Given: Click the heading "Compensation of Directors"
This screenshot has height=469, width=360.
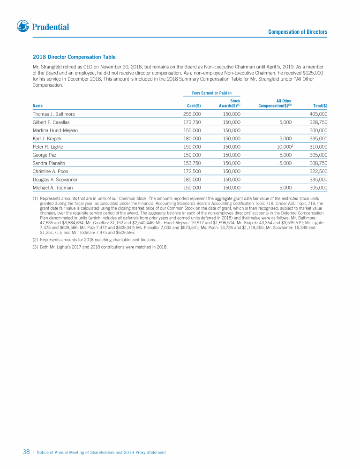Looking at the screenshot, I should pyautogui.click(x=298, y=32).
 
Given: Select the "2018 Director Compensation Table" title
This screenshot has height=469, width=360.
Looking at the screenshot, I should pyautogui.click(x=74, y=57).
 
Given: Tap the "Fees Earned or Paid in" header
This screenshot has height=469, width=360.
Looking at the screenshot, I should pyautogui.click(x=212, y=93).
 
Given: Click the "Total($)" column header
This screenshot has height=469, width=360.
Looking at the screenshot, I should pyautogui.click(x=320, y=106).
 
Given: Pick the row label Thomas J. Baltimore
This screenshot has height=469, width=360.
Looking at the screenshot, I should pyautogui.click(x=54, y=114).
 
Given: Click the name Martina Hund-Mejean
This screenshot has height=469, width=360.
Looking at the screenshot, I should pyautogui.click(x=55, y=130).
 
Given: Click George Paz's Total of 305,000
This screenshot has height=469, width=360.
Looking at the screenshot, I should pyautogui.click(x=318, y=155).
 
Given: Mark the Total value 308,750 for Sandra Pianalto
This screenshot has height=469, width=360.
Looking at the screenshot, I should pyautogui.click(x=318, y=163).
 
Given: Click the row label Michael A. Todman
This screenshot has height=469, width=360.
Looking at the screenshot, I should pyautogui.click(x=52, y=188).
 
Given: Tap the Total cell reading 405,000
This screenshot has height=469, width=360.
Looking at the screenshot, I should pyautogui.click(x=318, y=114).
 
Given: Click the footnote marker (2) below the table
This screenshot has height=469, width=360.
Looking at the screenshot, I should pyautogui.click(x=36, y=240).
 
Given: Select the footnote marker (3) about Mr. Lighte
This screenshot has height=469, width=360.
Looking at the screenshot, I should pyautogui.click(x=36, y=247).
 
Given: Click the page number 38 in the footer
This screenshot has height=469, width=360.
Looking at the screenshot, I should pyautogui.click(x=27, y=452).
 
